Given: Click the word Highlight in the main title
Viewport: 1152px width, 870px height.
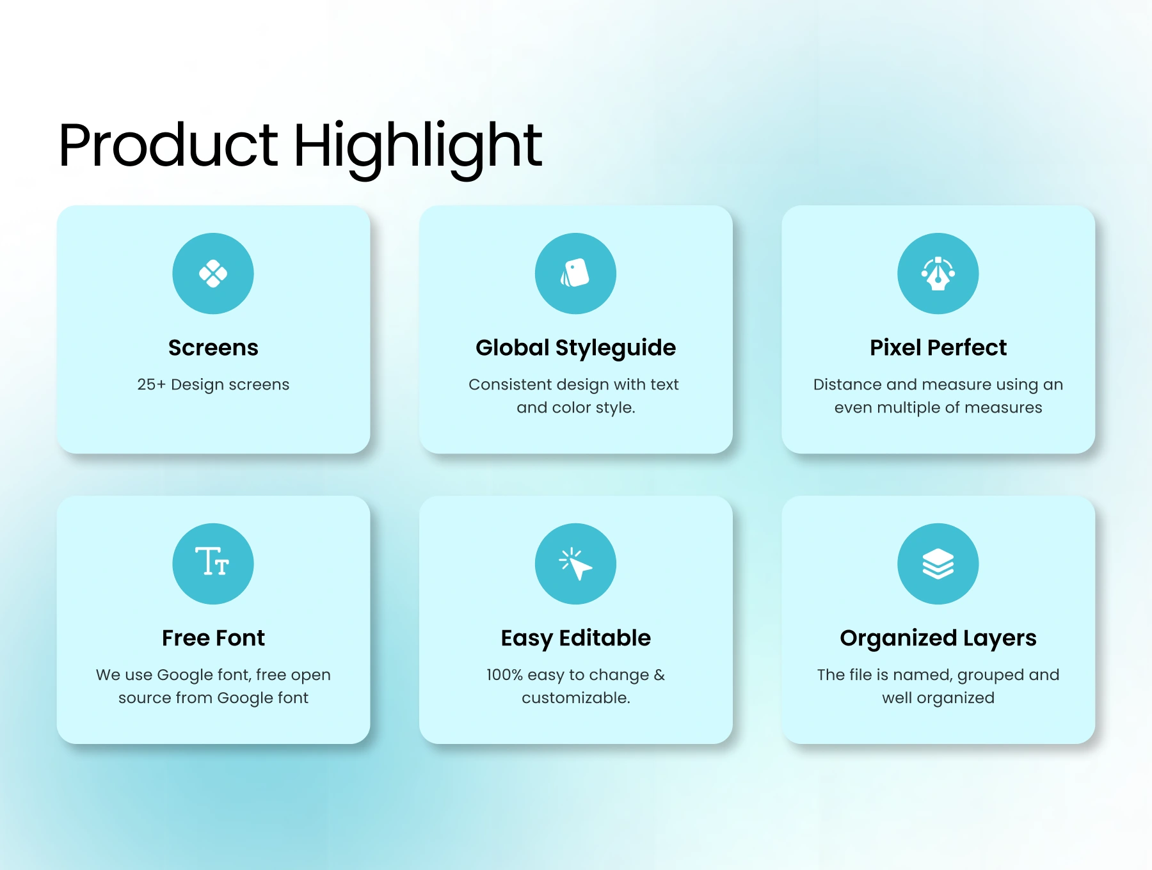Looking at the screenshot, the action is pyautogui.click(x=418, y=150).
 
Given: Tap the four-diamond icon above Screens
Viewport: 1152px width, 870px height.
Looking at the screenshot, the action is pyautogui.click(x=213, y=274).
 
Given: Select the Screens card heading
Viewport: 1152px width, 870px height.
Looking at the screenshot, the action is pyautogui.click(x=213, y=347).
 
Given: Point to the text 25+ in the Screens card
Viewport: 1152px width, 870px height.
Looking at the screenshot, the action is pyautogui.click(x=151, y=384).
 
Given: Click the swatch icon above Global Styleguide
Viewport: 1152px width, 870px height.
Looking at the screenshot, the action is pyautogui.click(x=575, y=273).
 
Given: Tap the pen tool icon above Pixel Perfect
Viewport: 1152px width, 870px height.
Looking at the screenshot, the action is pyautogui.click(x=938, y=274).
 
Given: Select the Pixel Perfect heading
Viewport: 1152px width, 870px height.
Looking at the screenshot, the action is pyautogui.click(x=938, y=347).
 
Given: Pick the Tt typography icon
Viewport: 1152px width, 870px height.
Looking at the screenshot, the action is pyautogui.click(x=212, y=562).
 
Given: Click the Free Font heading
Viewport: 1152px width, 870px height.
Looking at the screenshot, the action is pyautogui.click(x=213, y=638).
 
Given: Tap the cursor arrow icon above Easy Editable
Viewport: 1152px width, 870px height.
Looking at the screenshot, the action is pyautogui.click(x=575, y=564).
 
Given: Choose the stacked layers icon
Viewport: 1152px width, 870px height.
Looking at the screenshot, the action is pyautogui.click(x=938, y=564).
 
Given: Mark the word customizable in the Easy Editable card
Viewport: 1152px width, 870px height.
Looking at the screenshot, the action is pyautogui.click(x=575, y=698).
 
